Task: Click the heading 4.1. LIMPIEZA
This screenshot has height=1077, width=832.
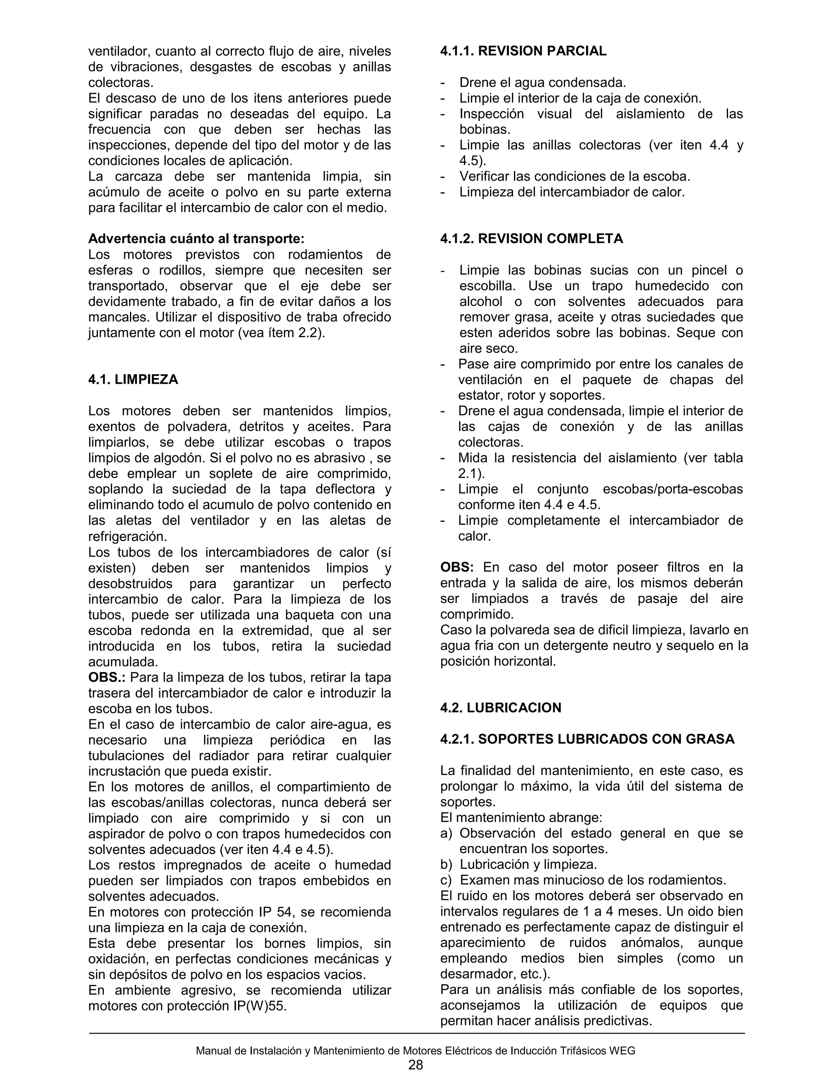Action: pyautogui.click(x=133, y=380)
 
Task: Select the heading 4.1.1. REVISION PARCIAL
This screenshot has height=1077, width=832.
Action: pyautogui.click(x=523, y=51)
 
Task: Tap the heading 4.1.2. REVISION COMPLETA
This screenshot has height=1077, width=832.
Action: pyautogui.click(x=531, y=239)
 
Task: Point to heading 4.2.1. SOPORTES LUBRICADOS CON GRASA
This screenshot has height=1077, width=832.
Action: pyautogui.click(x=587, y=739)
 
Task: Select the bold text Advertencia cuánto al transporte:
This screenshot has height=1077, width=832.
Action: pyautogui.click(x=196, y=239)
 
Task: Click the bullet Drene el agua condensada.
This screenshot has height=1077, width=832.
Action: pyautogui.click(x=542, y=83)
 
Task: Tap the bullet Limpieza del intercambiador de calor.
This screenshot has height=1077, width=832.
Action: pyautogui.click(x=572, y=192)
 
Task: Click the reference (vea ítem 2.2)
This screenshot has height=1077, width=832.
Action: pyautogui.click(x=282, y=333)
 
